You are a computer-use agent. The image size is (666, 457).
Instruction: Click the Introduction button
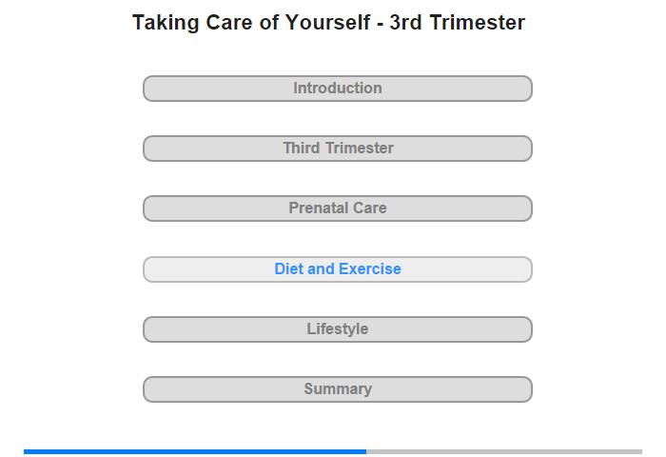[x=338, y=89]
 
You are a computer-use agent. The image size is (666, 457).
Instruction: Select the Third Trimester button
[x=338, y=149]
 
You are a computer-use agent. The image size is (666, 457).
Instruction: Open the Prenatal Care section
[x=338, y=209]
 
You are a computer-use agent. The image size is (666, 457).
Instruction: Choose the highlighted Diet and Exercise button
[x=338, y=269]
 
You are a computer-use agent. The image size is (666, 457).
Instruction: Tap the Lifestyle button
[x=338, y=329]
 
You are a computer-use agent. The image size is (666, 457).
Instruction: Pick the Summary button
[x=338, y=389]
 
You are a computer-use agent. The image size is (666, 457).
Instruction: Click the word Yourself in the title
[x=327, y=23]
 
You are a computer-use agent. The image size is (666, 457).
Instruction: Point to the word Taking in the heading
[x=166, y=24]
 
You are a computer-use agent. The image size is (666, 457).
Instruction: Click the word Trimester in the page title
[x=478, y=23]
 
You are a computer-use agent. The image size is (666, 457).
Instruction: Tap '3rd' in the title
[x=405, y=23]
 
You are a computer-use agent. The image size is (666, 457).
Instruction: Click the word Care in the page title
[x=229, y=23]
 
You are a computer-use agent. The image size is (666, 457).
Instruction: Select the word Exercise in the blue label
[x=370, y=269]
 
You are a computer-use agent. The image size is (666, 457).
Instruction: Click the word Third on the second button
[x=302, y=149]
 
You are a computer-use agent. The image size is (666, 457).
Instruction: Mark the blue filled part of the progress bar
[x=195, y=451]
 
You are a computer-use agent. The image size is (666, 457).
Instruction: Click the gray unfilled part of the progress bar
[x=504, y=451]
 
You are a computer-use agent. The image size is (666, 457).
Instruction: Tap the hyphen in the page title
[x=381, y=25]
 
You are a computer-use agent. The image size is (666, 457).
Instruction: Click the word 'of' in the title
[x=269, y=23]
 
